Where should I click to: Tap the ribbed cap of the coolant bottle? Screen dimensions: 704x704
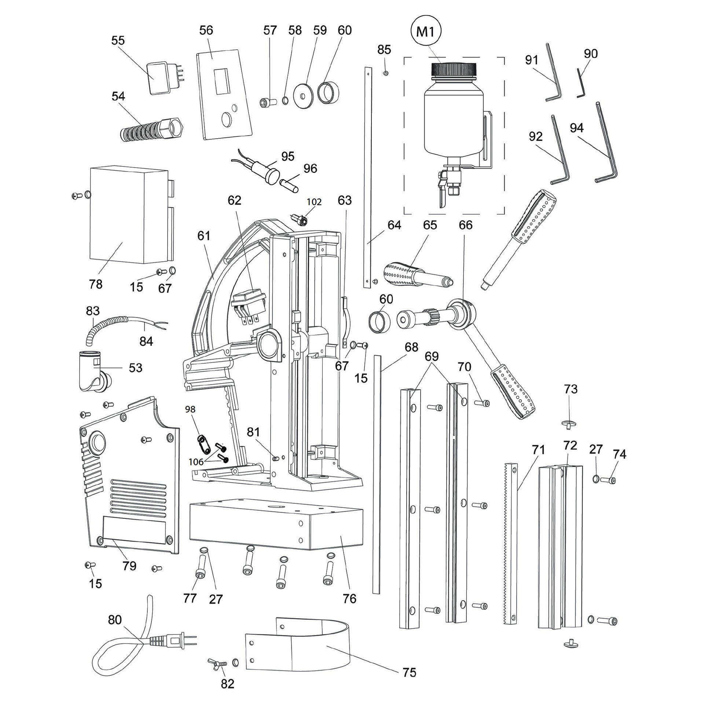pos(454,69)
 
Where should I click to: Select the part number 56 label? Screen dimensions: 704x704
pos(206,30)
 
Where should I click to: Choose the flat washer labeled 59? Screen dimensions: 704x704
pos(303,96)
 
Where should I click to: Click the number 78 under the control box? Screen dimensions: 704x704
pos(96,284)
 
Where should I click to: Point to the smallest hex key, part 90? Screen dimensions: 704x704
pos(580,84)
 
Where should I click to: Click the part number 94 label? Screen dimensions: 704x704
pos(577,128)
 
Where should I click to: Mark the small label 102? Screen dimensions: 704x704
pos(314,202)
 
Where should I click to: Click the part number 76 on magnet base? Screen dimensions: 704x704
pos(349,599)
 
